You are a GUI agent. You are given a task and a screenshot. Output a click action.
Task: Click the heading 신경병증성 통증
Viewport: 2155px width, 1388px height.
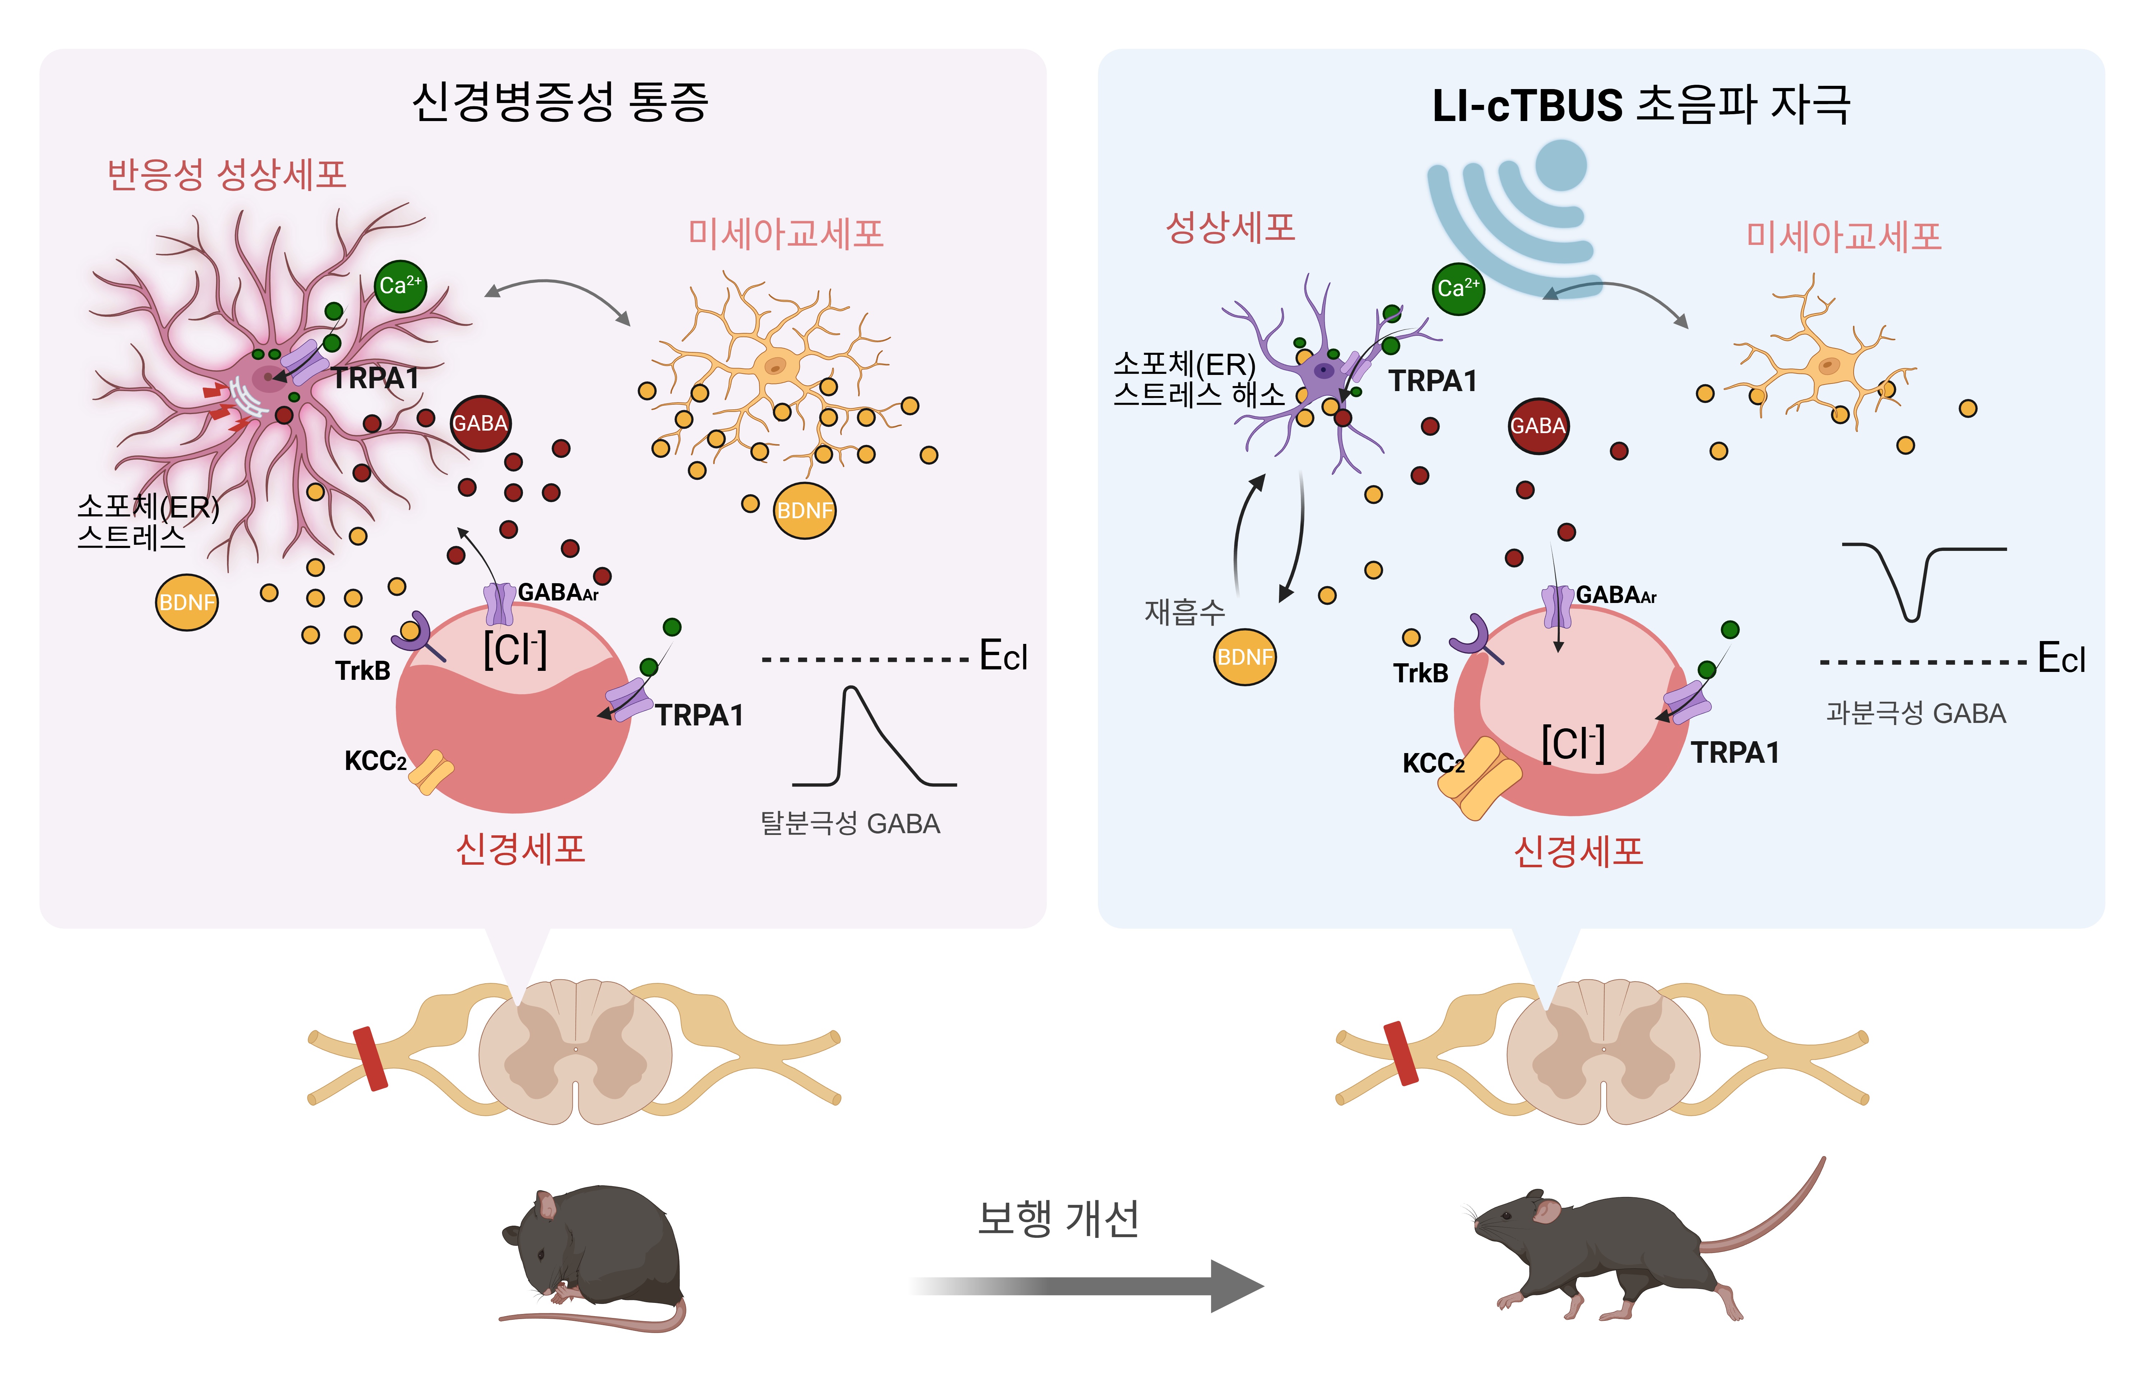coord(560,102)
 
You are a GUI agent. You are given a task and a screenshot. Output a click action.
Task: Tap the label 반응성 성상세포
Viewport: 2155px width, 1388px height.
coord(226,174)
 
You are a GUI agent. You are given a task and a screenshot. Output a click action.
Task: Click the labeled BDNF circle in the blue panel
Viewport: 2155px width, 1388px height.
coord(1245,657)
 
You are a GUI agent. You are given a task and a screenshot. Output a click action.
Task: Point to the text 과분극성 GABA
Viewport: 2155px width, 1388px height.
coord(1915,713)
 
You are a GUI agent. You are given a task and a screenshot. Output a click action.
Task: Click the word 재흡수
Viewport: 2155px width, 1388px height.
coord(1184,612)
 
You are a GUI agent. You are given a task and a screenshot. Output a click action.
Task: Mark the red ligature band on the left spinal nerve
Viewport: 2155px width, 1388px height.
coord(370,1058)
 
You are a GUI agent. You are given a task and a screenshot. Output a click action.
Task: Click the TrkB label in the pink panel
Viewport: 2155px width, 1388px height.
coord(362,670)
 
